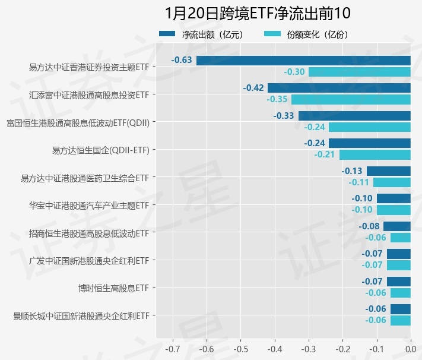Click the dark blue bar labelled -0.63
click(303, 60)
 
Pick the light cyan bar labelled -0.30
click(359, 72)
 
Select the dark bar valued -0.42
click(339, 88)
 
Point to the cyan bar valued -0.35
click(351, 99)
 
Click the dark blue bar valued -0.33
click(354, 115)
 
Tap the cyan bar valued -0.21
click(375, 154)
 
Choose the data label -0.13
click(352, 170)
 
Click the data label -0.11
click(359, 182)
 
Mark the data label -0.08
click(369, 226)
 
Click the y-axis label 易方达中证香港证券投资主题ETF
click(88, 67)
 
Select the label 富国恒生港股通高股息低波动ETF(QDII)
click(77, 122)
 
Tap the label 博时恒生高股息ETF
click(113, 288)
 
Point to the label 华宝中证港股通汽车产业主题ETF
click(88, 206)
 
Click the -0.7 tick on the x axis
click(172, 348)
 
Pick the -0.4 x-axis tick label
click(274, 348)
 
